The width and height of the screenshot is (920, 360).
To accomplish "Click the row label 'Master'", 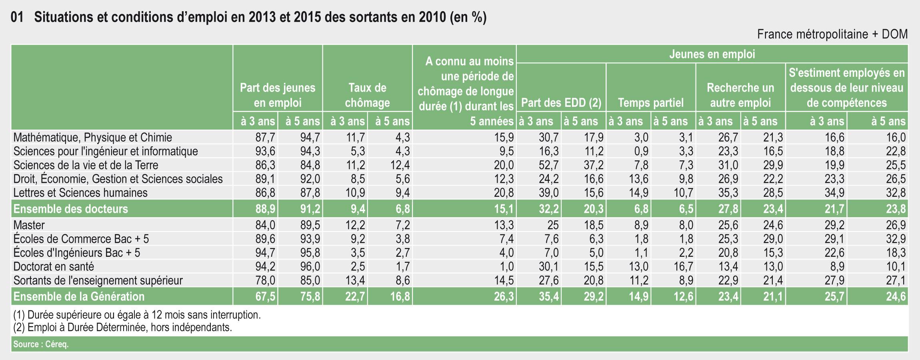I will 29,225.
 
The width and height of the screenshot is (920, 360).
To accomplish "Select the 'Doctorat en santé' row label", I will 54,267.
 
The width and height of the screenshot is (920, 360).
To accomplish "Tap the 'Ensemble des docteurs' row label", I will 71,209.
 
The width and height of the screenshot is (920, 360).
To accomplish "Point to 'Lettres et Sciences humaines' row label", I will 80,193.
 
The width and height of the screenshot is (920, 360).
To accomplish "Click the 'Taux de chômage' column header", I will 367,95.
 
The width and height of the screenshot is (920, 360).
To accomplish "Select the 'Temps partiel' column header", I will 651,103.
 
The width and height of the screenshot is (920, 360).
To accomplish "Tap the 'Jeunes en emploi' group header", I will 712,54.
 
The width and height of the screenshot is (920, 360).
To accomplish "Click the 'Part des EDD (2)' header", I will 561,103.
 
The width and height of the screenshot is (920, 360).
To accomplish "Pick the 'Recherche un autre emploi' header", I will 740,95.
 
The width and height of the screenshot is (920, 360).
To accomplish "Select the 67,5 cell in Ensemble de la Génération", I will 266,297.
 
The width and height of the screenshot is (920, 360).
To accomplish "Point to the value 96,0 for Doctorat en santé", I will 310,267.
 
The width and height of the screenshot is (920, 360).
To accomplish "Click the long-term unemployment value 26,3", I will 504,297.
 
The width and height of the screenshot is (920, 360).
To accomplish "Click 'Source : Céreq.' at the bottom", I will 41,344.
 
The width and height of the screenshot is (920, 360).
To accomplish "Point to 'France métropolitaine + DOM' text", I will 832,34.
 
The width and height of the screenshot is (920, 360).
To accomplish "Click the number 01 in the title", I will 17,18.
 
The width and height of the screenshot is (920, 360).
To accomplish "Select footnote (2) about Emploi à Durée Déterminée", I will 122,328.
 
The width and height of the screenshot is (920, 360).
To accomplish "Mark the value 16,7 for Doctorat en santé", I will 683,267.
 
